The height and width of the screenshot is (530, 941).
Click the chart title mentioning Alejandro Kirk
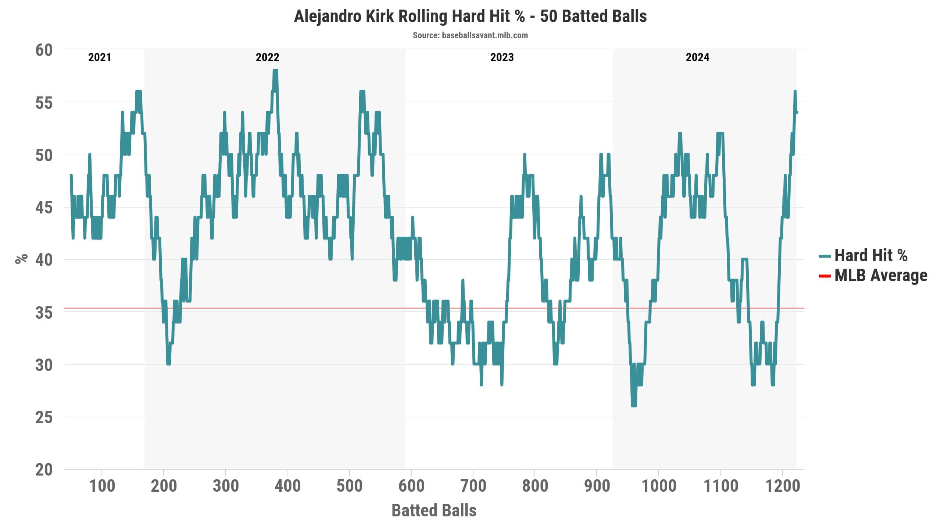(x=470, y=17)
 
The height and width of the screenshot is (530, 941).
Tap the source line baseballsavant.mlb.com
(x=470, y=35)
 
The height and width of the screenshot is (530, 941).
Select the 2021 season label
(x=100, y=57)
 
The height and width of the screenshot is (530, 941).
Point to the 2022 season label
(x=268, y=57)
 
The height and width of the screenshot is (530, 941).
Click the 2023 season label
(x=502, y=57)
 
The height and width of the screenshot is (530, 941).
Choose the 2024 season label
(x=697, y=57)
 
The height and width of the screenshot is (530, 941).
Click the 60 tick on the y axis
(x=44, y=50)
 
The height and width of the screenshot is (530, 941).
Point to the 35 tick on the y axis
(x=44, y=313)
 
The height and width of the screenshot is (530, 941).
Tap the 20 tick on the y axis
(x=44, y=470)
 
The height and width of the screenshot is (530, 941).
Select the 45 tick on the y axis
(x=44, y=208)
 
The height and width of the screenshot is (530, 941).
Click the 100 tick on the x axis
(x=102, y=486)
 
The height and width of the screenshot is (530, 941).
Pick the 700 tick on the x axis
(x=473, y=486)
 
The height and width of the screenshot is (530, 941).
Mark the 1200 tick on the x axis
(x=783, y=486)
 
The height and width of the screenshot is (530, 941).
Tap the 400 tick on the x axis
(x=287, y=486)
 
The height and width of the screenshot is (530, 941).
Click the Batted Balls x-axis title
(x=434, y=510)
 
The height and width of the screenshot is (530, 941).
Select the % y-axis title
(x=22, y=259)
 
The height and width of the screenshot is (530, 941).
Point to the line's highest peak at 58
(x=275, y=70)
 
